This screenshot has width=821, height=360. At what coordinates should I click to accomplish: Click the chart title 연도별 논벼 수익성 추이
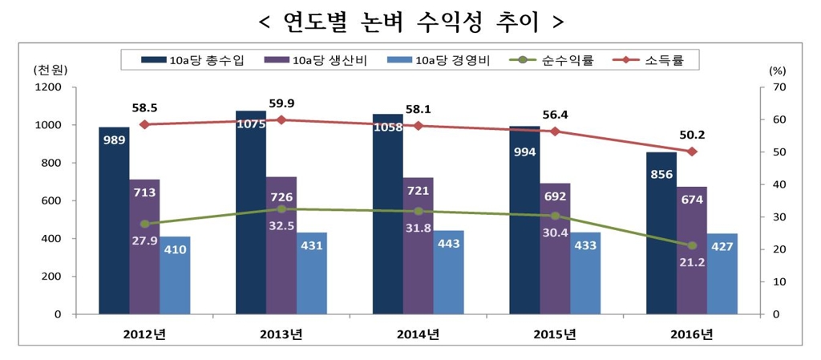pyautogui.click(x=410, y=20)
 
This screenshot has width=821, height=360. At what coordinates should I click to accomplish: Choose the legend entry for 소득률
pyautogui.click(x=653, y=60)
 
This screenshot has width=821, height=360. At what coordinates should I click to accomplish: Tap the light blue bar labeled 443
pyautogui.click(x=448, y=272)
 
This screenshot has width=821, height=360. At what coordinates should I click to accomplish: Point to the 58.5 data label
pyautogui.click(x=144, y=107)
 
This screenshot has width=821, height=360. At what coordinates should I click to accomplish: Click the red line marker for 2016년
pyautogui.click(x=692, y=152)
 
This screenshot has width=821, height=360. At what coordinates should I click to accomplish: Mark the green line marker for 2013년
pyautogui.click(x=281, y=208)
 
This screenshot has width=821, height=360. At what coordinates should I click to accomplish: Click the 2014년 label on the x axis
pyautogui.click(x=418, y=334)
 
